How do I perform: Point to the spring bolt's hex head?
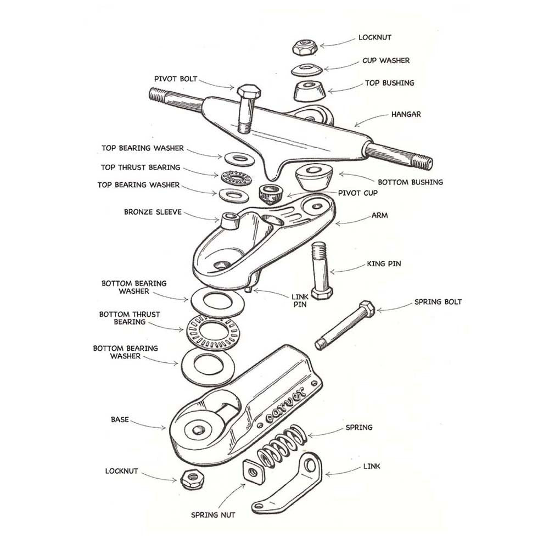pos(367,307)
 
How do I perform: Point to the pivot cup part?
pos(270,193)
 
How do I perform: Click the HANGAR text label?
pos(406,115)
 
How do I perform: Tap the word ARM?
pos(379,216)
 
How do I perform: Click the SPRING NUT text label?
pos(214,515)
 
